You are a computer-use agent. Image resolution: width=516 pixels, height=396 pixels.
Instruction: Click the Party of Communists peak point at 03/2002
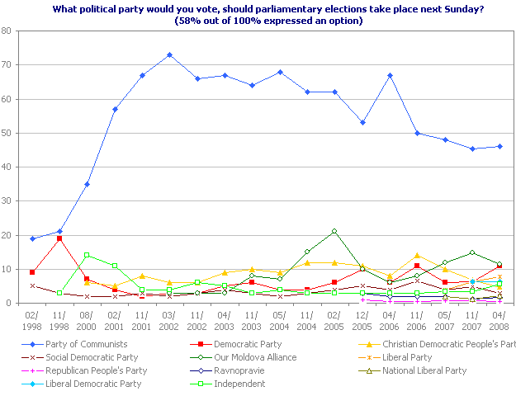[x=169, y=54]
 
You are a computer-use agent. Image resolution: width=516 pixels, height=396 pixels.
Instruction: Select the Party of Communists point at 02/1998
[x=31, y=238]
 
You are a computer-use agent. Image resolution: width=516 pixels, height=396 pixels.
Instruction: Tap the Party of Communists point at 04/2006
[x=389, y=75]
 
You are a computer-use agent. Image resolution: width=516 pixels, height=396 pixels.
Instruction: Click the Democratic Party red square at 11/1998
[x=59, y=238]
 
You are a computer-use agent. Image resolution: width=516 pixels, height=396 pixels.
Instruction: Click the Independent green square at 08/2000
[x=87, y=255]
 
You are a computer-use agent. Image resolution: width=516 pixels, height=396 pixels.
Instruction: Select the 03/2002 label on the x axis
[x=169, y=320]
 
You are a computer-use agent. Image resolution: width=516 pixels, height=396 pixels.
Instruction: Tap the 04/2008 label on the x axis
[x=499, y=320]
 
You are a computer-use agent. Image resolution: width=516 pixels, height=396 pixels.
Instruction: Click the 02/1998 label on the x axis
[x=31, y=320]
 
